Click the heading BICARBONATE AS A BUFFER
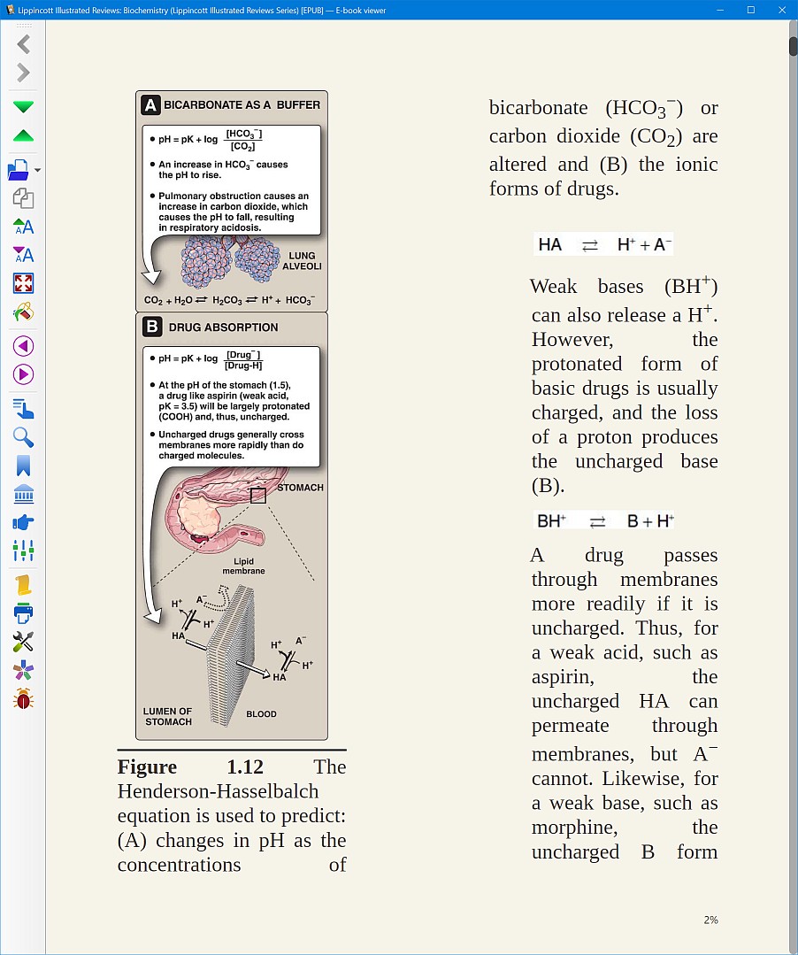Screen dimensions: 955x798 [242, 104]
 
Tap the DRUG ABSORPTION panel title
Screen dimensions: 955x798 [223, 327]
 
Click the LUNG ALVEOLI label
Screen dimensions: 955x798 [302, 261]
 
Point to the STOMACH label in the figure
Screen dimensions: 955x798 [300, 488]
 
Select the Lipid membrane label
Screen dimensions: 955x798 [243, 566]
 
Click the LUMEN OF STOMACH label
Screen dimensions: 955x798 [168, 716]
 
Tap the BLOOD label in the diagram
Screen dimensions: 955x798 [261, 714]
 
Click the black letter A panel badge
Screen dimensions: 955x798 [151, 105]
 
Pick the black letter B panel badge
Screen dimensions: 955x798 [152, 327]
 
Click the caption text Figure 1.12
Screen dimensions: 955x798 [190, 766]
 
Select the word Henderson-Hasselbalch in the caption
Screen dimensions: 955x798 [218, 791]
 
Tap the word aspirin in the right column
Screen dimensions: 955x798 [563, 677]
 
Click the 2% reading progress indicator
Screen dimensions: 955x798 [710, 920]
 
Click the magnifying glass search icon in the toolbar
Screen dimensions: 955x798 [24, 436]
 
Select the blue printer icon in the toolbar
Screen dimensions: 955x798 [24, 612]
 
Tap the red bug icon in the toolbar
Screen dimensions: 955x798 [24, 699]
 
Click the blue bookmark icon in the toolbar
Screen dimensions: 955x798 [24, 466]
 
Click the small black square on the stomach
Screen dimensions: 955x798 [258, 496]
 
